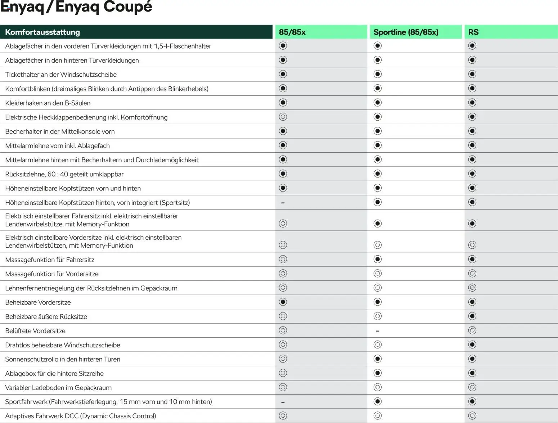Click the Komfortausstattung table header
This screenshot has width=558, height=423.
coord(42,32)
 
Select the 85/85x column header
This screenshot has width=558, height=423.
coord(292,32)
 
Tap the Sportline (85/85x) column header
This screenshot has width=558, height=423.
coord(406,32)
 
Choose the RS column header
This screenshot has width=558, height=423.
coord(473,32)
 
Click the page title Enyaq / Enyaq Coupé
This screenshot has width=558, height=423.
coord(76,7)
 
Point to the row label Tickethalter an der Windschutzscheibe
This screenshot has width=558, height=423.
coord(61,75)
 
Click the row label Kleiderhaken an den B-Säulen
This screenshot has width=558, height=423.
coord(48,103)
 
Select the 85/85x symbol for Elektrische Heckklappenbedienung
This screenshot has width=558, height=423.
coord(283,117)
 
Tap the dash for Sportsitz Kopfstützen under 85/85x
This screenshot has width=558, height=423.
coord(283,203)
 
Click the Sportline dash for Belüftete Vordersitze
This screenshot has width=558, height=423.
coord(377,331)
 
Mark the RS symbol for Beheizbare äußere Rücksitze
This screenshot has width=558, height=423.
coord(472,316)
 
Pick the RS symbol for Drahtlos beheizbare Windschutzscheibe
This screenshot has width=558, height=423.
coord(472,345)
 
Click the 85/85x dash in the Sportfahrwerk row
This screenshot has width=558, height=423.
coord(283,402)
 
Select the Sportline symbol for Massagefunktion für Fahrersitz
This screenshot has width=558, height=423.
coord(377,260)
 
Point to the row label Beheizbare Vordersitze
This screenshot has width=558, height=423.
coord(38,302)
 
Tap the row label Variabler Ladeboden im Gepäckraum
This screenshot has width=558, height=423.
coord(58,388)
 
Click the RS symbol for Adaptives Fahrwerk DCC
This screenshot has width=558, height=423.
coord(472,416)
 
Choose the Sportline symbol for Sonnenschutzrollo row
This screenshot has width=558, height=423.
coord(377,359)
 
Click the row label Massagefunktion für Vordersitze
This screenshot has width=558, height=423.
coord(52,274)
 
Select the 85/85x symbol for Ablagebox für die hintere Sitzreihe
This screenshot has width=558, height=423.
coord(283,373)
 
